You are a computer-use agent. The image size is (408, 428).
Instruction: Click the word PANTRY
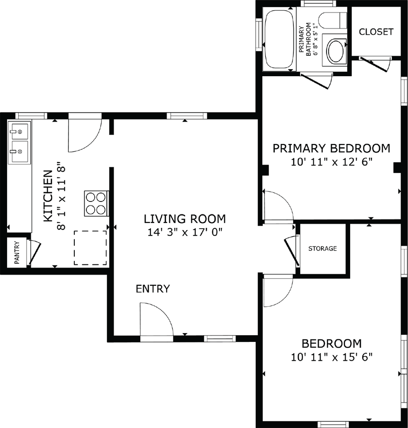[x=17, y=252]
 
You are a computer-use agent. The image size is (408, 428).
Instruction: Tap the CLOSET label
[x=376, y=32]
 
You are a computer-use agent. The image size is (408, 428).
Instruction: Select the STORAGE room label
[x=322, y=248]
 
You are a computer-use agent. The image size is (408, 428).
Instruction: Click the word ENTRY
[x=153, y=289]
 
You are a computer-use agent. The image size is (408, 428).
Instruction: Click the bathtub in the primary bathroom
[x=279, y=39]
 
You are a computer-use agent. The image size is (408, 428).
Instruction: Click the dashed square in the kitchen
[x=90, y=247]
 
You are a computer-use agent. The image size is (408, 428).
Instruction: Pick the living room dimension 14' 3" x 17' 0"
[x=185, y=232]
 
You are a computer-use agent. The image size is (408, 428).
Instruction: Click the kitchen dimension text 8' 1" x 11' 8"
[x=61, y=196]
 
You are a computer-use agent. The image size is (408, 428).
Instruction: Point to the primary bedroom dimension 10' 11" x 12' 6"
[x=332, y=162]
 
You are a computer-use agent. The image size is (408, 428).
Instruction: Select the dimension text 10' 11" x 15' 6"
[x=332, y=357]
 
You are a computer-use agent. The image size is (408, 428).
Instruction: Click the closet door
[x=373, y=65]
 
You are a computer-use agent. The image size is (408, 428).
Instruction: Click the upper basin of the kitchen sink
[x=19, y=132]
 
